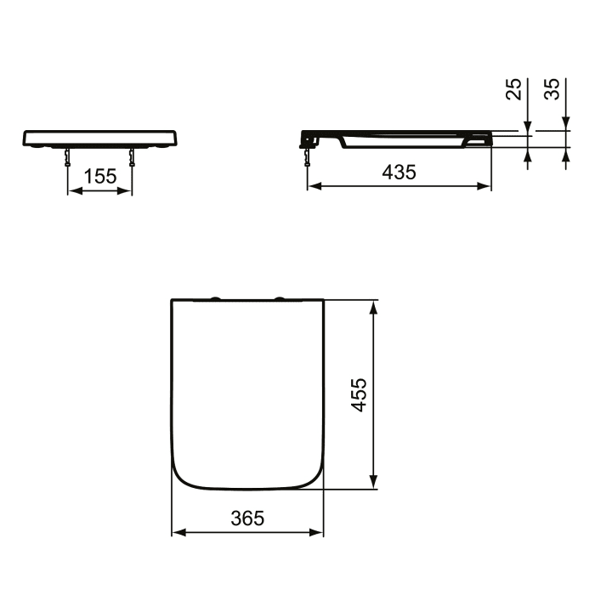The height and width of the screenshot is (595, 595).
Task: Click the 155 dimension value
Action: point(100,176)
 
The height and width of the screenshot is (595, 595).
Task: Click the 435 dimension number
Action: point(399,172)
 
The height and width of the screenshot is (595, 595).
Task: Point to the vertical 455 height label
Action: point(360,395)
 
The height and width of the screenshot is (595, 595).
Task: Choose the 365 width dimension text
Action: point(247,518)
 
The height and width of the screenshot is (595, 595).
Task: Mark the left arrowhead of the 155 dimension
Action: point(72,191)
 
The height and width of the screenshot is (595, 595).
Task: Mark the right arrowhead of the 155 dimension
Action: point(127,191)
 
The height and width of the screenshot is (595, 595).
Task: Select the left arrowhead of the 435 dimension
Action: point(312,185)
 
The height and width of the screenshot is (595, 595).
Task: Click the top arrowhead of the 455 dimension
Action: point(373,306)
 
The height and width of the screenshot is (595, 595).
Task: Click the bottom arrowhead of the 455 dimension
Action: point(373,483)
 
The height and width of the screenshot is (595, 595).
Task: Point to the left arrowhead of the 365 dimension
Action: point(178,533)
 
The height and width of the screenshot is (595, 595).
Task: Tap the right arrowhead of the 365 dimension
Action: point(319,533)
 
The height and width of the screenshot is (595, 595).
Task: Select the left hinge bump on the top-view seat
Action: point(217,297)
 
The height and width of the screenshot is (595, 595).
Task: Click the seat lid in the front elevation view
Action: point(100,137)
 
